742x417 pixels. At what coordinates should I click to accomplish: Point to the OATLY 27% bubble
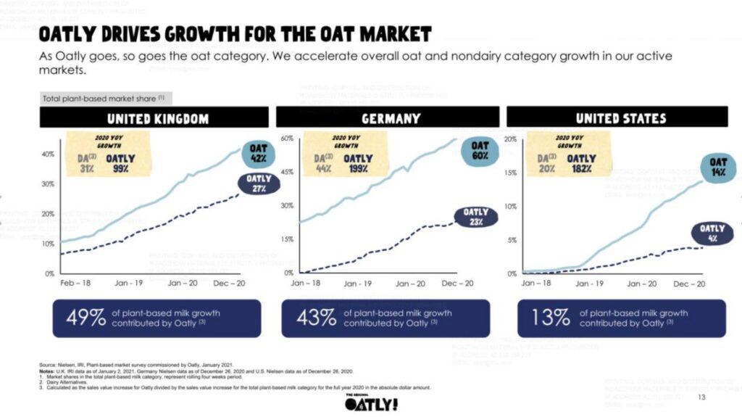click(x=258, y=183)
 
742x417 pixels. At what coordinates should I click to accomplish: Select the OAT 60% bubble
click(x=480, y=151)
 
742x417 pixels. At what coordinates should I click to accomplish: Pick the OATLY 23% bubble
click(x=476, y=217)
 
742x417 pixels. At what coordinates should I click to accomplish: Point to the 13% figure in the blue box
click(x=550, y=318)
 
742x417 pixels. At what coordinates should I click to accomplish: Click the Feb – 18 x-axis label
click(x=75, y=283)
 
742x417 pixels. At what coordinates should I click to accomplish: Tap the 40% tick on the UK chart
click(x=49, y=154)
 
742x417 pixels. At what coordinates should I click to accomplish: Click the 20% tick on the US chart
click(x=510, y=139)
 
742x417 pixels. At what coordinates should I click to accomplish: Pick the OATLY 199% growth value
click(x=358, y=163)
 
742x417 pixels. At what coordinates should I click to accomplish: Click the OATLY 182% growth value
click(x=581, y=163)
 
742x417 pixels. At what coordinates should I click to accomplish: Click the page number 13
click(x=701, y=397)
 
